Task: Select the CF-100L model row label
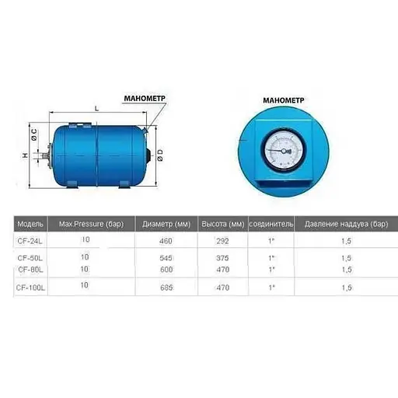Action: [31, 288]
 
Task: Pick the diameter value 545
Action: [166, 257]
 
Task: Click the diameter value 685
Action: [166, 288]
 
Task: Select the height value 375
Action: [223, 257]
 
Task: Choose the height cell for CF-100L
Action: [223, 288]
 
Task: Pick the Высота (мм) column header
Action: [223, 222]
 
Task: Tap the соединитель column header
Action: [271, 222]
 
